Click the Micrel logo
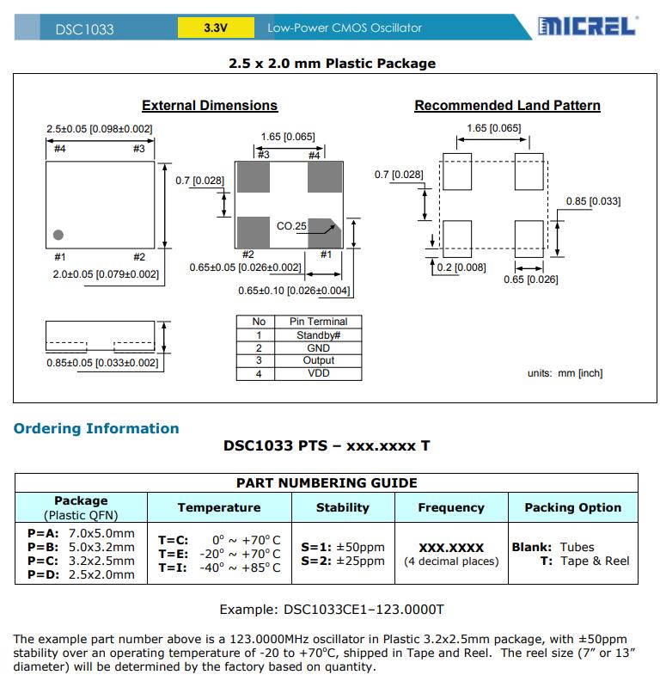pos(588,27)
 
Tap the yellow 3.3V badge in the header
pos(216,28)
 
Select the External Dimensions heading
pos(210,106)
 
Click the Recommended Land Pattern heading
pos(507,106)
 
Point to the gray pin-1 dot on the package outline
pos(58,234)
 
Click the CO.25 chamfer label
pos(291,226)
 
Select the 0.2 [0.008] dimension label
pos(461,267)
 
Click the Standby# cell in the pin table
pos(319,335)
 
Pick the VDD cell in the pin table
pos(319,373)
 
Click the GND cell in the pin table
pos(319,348)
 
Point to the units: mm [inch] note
pos(565,373)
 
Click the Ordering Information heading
pos(96,428)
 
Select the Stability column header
pos(343,507)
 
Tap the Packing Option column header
pos(572,507)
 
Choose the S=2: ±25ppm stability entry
pos(343,561)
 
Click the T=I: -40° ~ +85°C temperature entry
pos(219,567)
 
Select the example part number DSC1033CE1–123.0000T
pos(331,610)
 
